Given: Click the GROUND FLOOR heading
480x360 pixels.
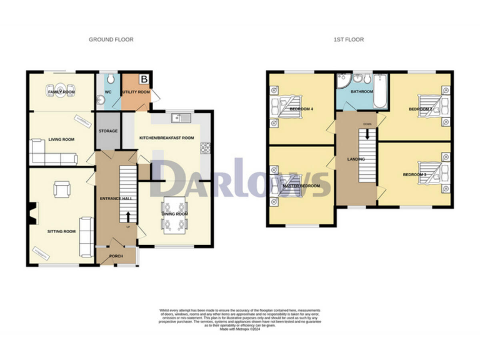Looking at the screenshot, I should pyautogui.click(x=111, y=39).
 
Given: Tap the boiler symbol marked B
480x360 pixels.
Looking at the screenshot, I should pyautogui.click(x=144, y=79).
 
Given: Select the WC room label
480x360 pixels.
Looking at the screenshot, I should pyautogui.click(x=107, y=92).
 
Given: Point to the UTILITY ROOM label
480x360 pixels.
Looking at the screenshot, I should pyautogui.click(x=136, y=92).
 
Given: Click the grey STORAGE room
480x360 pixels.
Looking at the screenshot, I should pyautogui.click(x=107, y=131).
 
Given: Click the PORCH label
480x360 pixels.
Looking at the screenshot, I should pyautogui.click(x=116, y=256).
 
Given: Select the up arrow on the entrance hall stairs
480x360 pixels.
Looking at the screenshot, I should pyautogui.click(x=129, y=217).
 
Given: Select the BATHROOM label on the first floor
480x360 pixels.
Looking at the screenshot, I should pyautogui.click(x=361, y=92).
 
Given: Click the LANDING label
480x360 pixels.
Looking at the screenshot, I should pyautogui.click(x=356, y=159).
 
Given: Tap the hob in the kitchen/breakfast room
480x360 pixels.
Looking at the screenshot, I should pyautogui.click(x=204, y=147).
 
